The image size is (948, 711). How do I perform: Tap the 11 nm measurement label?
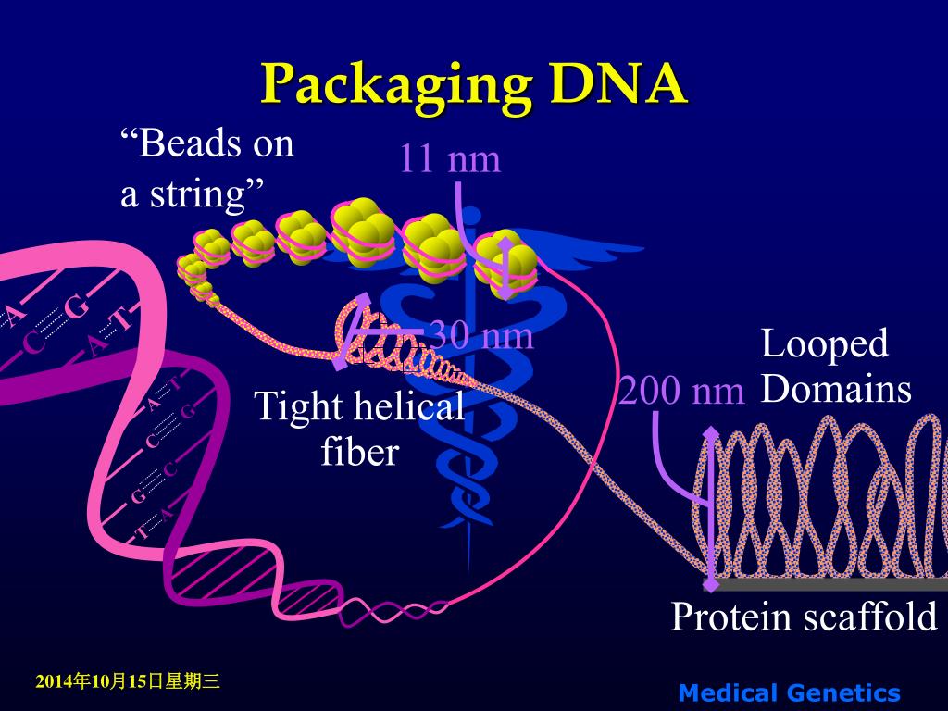(x=450, y=159)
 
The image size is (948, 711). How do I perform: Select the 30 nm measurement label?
(x=481, y=335)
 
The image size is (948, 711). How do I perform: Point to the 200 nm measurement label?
(x=682, y=391)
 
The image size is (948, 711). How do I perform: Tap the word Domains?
(x=836, y=389)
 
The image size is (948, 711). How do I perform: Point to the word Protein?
(x=730, y=617)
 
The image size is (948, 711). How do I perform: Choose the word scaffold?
(x=870, y=617)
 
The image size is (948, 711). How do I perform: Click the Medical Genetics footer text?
(x=789, y=692)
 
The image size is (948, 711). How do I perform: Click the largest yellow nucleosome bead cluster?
(x=364, y=227)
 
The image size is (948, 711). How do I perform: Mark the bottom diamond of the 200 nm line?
(x=711, y=583)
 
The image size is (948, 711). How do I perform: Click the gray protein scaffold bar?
(x=833, y=584)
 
